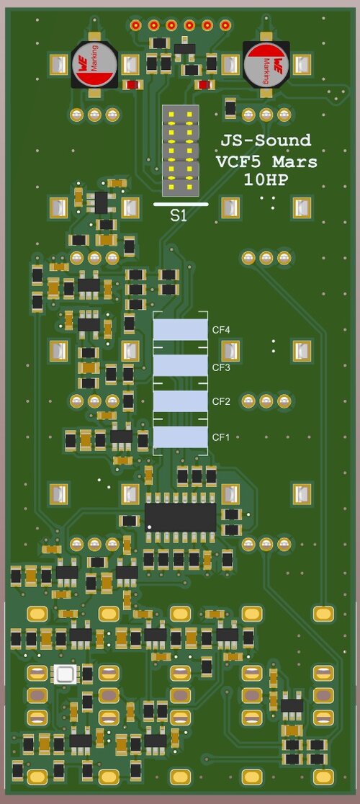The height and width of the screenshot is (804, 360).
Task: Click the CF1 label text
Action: pyautogui.click(x=220, y=437)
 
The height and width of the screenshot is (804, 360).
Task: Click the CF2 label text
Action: pyautogui.click(x=220, y=401)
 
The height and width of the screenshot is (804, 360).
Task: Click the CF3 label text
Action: pyautogui.click(x=220, y=368)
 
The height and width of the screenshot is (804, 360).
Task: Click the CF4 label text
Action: pyautogui.click(x=220, y=330)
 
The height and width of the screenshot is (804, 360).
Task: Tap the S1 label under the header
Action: pyautogui.click(x=179, y=215)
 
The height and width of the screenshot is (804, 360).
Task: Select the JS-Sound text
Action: pyautogui.click(x=266, y=141)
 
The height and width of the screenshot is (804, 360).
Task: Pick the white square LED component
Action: pyautogui.click(x=66, y=675)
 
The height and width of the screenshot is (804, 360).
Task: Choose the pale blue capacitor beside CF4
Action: pyautogui.click(x=180, y=330)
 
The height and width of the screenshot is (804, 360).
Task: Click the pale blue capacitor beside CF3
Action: pyautogui.click(x=180, y=366)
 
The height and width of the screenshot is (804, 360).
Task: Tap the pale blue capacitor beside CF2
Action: pyautogui.click(x=180, y=401)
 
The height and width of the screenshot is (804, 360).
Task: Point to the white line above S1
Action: pyautogui.click(x=181, y=204)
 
